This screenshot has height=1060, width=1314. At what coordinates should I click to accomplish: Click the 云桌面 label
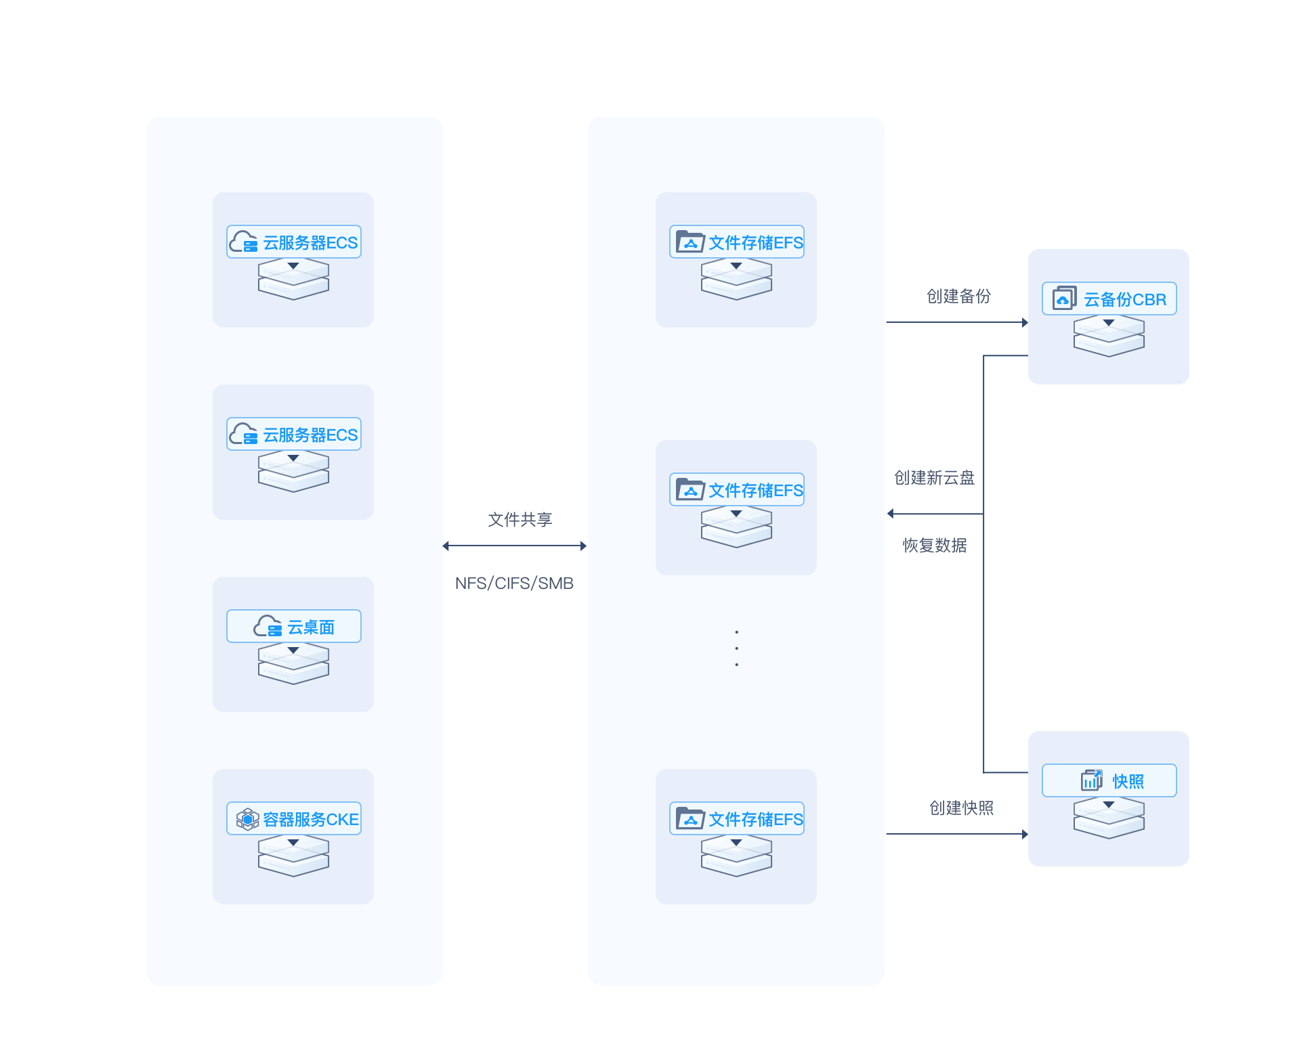[311, 627]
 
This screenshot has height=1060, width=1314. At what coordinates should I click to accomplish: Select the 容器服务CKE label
[311, 820]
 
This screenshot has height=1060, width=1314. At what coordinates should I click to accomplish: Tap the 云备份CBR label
[1125, 300]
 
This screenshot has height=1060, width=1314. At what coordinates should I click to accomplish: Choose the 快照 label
[1128, 782]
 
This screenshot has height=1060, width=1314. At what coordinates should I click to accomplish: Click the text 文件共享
[520, 520]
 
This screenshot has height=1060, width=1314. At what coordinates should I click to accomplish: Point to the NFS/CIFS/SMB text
[514, 583]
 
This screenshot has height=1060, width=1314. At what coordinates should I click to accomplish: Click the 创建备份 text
[958, 296]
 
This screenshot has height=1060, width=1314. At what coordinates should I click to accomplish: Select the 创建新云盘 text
[934, 478]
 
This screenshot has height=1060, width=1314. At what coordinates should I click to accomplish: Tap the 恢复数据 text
[934, 546]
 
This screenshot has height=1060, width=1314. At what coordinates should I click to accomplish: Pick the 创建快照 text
[961, 808]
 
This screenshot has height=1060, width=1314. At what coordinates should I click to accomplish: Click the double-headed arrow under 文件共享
[514, 546]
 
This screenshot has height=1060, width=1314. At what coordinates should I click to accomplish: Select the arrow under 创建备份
[957, 322]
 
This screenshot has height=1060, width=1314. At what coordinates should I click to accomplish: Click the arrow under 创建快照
[957, 834]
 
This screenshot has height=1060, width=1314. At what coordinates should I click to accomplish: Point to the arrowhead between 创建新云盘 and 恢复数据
[891, 514]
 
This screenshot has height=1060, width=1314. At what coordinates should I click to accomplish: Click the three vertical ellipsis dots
[736, 648]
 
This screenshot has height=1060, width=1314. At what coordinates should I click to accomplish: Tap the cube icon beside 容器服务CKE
[247, 819]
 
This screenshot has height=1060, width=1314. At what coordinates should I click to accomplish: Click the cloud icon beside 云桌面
[268, 626]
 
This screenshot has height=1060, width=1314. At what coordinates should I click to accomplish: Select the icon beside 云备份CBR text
[1064, 299]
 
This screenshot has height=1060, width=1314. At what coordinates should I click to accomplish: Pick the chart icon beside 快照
[1091, 780]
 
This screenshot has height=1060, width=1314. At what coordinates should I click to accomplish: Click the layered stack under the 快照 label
[1109, 818]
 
